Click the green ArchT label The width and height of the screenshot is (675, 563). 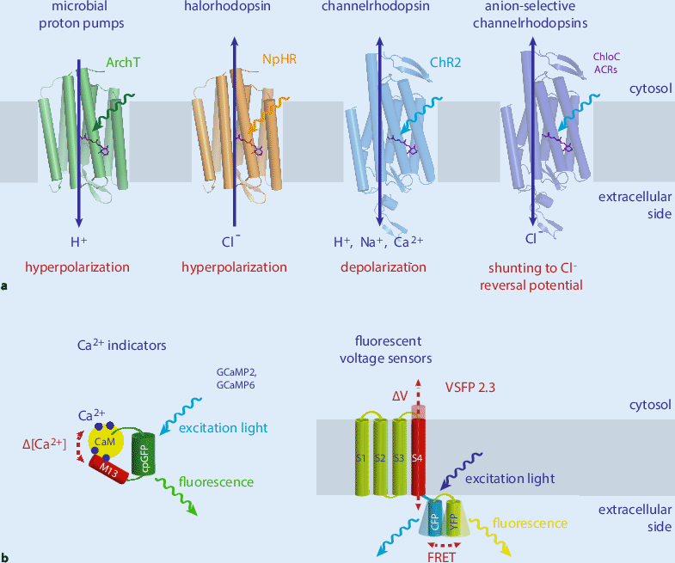123,63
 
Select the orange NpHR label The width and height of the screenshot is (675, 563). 277,61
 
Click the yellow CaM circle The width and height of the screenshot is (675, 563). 105,442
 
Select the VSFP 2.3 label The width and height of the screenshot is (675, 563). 476,388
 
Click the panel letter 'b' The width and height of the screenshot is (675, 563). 5,556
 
